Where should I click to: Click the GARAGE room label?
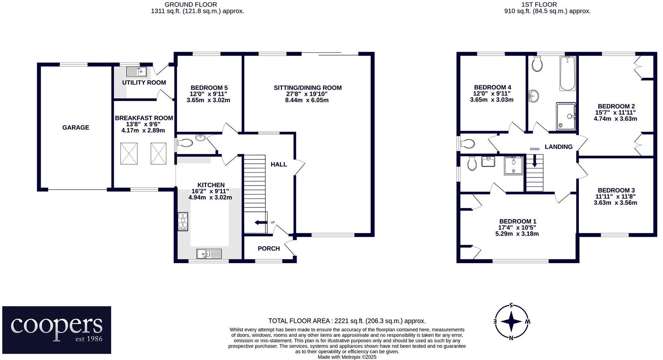click(x=76, y=127)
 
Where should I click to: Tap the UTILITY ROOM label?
click(x=144, y=82)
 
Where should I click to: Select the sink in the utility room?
click(x=137, y=71)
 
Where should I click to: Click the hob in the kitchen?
click(x=183, y=221)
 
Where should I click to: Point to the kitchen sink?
click(x=209, y=253)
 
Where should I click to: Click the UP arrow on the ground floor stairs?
click(x=260, y=222)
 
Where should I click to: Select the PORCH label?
click(x=269, y=248)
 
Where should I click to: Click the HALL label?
click(x=279, y=164)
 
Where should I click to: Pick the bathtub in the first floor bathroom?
click(x=568, y=73)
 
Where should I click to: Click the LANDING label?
click(x=558, y=147)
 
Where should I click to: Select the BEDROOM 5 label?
click(x=209, y=88)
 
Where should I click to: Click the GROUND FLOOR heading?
click(x=191, y=5)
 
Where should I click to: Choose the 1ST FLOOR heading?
click(x=539, y=5)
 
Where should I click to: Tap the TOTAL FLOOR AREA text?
click(x=347, y=321)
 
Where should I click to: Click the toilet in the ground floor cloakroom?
click(x=185, y=143)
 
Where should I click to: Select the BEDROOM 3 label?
click(x=616, y=190)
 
